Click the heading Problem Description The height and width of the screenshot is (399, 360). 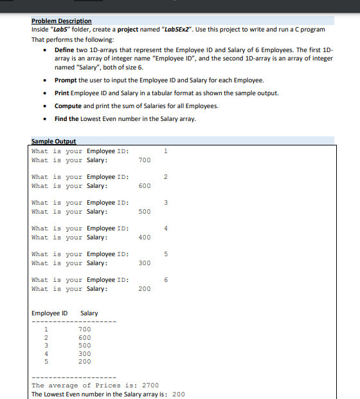tap(61, 21)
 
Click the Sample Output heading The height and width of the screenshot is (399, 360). tap(53, 142)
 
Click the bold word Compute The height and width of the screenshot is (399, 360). tap(68, 106)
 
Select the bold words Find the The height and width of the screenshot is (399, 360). tap(67, 118)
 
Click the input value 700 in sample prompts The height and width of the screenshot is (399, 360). tap(145, 160)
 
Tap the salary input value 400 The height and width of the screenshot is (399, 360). tap(145, 237)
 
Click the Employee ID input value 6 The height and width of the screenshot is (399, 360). tap(166, 280)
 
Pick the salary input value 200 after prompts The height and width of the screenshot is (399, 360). tap(145, 289)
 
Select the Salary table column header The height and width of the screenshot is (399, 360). tap(89, 313)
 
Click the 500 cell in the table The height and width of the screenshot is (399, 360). tap(85, 346)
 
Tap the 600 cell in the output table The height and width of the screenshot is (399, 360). tap(85, 338)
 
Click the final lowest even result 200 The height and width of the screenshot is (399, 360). tap(179, 394)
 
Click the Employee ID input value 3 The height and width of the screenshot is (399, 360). tap(166, 203)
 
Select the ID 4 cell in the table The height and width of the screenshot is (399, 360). tap(46, 353)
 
